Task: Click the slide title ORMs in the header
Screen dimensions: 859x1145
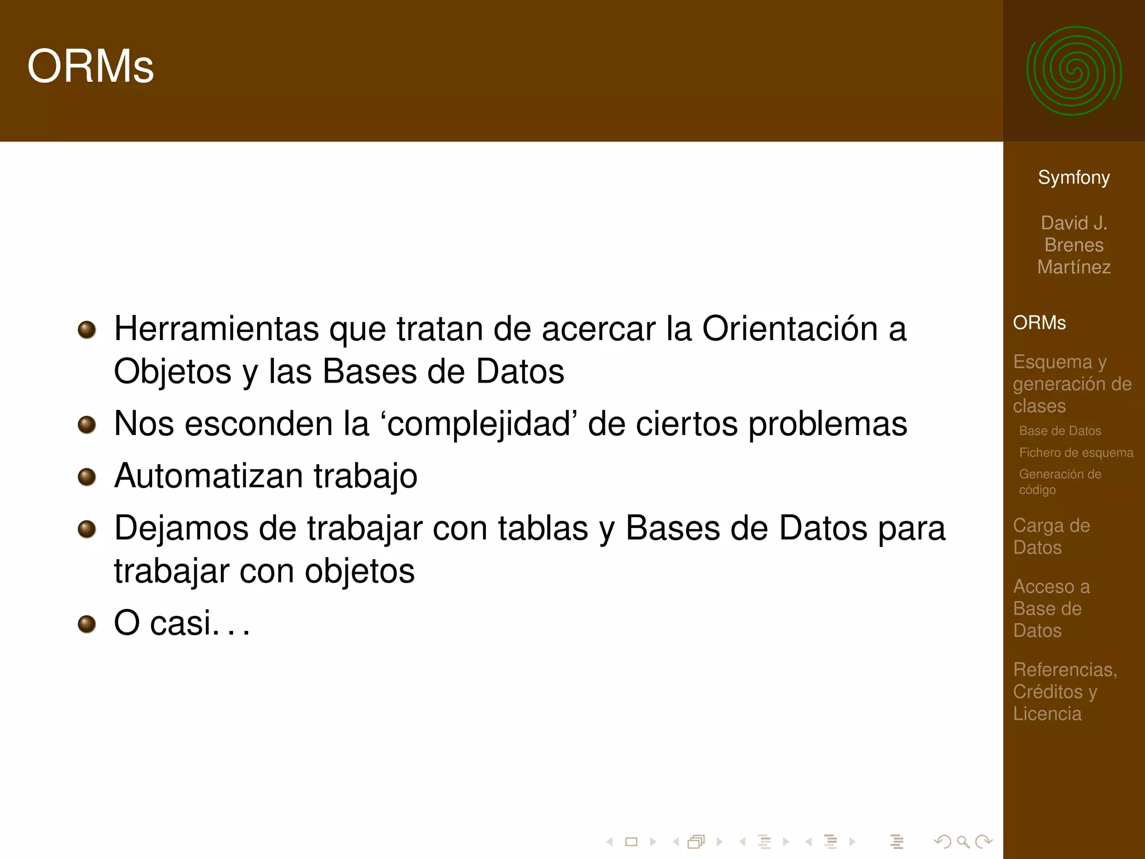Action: point(91,67)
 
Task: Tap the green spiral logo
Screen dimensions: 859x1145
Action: point(1073,71)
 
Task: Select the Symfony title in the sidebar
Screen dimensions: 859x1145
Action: point(1073,177)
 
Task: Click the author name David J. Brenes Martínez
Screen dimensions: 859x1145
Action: point(1073,245)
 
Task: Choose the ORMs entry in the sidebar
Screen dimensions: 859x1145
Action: point(1039,323)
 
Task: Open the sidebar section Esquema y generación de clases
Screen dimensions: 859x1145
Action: point(1072,384)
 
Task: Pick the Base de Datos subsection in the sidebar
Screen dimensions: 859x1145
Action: point(1060,431)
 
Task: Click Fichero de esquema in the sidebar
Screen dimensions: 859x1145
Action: point(1076,452)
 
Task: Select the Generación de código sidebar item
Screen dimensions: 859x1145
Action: point(1060,482)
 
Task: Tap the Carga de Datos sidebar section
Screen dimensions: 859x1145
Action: point(1051,536)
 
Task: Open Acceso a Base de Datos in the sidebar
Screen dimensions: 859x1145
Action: point(1051,608)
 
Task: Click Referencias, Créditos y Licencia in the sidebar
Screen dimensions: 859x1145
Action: point(1064,691)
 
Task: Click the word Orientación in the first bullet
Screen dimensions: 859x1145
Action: point(789,329)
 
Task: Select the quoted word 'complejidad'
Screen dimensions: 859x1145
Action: point(479,424)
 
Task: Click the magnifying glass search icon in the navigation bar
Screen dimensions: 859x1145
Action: point(963,841)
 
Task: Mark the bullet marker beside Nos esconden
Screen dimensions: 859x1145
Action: point(87,424)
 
